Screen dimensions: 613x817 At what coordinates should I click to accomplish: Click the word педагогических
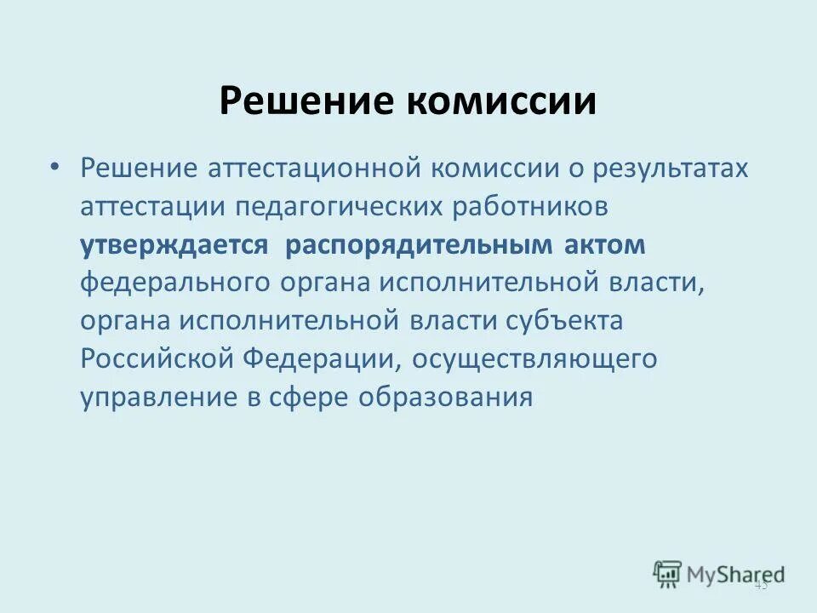click(x=351, y=206)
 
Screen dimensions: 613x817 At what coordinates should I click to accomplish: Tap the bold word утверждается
click(x=174, y=245)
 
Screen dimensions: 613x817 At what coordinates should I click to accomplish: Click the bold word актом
click(x=605, y=245)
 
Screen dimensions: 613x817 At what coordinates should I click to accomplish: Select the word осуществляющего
click(x=534, y=359)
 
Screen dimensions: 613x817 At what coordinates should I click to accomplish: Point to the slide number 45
click(x=761, y=584)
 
